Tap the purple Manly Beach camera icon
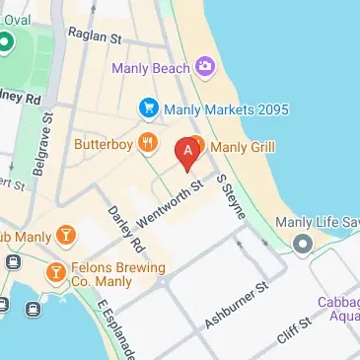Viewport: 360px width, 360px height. (204, 67)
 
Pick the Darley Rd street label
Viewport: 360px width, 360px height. (126, 227)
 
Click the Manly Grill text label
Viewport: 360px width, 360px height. (243, 148)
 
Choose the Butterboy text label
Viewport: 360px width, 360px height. (104, 144)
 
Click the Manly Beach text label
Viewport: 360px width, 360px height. (152, 68)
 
